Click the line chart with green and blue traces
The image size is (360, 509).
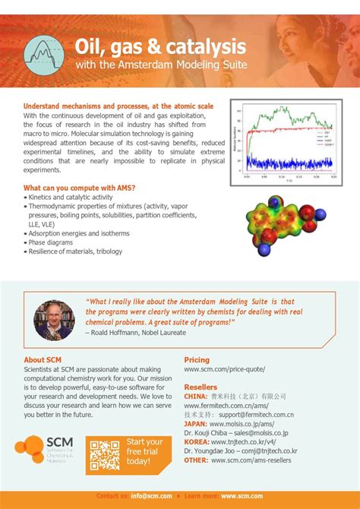coord(286,142)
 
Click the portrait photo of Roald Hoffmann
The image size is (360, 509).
coord(55,320)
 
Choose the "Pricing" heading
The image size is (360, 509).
coord(197,360)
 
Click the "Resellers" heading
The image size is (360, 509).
coord(201,387)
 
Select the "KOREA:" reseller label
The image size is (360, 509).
coord(197,442)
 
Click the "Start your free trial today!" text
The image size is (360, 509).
coord(144,451)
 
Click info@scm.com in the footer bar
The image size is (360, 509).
coord(150,496)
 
